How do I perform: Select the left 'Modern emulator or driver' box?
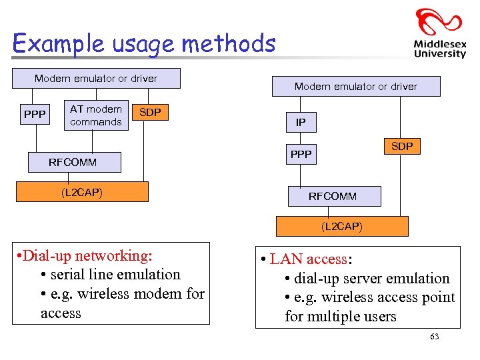click(96, 79)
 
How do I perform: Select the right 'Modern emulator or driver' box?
click(355, 87)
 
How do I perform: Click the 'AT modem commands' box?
click(96, 115)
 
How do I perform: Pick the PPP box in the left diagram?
click(35, 115)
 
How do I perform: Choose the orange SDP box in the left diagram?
click(150, 113)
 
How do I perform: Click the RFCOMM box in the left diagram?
click(73, 162)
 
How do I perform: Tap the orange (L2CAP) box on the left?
click(81, 192)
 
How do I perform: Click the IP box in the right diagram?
click(301, 123)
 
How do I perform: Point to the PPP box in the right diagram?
click(301, 155)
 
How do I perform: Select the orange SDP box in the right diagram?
click(402, 146)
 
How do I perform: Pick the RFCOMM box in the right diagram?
click(333, 197)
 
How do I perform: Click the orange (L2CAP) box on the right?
click(341, 227)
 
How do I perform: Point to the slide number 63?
click(435, 337)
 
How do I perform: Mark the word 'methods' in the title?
click(228, 44)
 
